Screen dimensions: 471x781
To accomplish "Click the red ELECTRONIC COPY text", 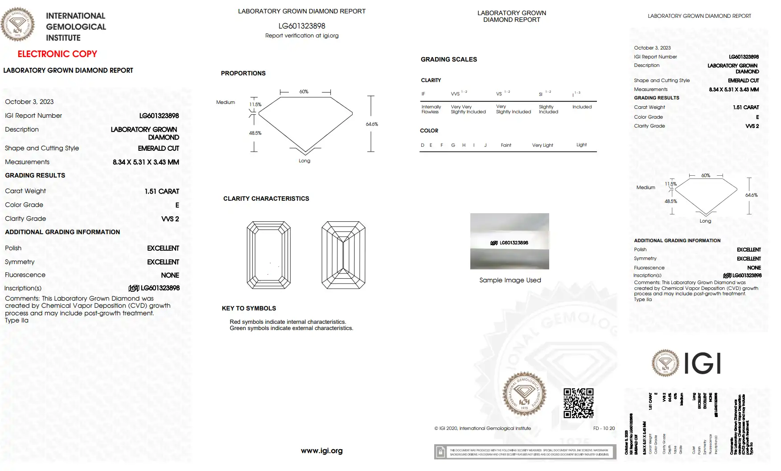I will click(x=57, y=54).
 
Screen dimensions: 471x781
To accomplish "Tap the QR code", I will click(x=578, y=403).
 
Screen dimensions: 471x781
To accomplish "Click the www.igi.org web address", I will click(x=321, y=450).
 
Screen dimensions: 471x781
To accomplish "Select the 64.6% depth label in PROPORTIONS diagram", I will click(x=372, y=124).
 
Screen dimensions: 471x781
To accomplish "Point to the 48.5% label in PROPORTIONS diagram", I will click(x=255, y=133).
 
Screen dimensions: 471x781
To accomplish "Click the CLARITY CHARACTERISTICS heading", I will click(x=266, y=198).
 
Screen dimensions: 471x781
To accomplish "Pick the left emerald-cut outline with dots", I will click(x=269, y=255).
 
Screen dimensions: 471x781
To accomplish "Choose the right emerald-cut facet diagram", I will click(x=343, y=255).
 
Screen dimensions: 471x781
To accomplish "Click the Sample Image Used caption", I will click(x=510, y=280).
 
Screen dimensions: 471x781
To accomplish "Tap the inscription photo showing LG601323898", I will click(x=510, y=241).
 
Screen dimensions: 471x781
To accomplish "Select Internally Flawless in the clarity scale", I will click(x=431, y=109).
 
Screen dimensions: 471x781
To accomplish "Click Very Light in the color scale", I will click(x=542, y=145).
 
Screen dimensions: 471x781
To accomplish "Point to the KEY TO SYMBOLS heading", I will click(x=249, y=308).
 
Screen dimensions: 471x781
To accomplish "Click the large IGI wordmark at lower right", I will click(x=702, y=363).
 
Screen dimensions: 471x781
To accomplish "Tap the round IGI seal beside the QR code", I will click(x=524, y=394).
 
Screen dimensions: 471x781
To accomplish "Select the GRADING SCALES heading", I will click(x=448, y=59).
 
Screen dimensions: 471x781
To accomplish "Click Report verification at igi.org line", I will click(x=302, y=36).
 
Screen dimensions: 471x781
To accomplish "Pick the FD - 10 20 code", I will click(x=604, y=428).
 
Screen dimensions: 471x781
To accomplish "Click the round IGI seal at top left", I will click(x=17, y=25).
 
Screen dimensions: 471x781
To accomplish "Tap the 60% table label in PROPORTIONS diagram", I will click(x=304, y=91).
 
